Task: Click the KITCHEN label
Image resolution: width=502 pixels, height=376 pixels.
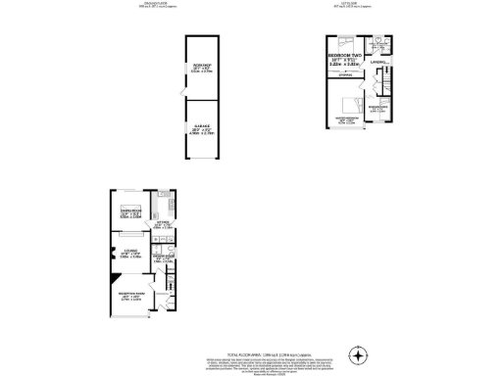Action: point(163,225)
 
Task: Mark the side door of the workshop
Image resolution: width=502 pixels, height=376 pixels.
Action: point(181,88)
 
